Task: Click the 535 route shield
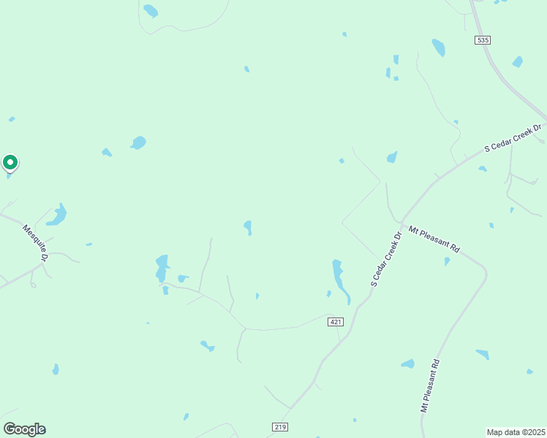482,39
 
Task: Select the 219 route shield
281,427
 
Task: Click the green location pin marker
10,162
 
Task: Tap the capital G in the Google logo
11,429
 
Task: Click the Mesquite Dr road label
35,242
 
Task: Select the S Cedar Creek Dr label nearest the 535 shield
513,138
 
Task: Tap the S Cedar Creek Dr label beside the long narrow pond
387,259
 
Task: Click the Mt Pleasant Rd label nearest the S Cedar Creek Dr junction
434,239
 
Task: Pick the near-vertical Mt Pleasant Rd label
429,385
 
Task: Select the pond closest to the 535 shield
439,47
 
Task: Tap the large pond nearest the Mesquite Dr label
57,215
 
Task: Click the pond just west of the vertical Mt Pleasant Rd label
408,364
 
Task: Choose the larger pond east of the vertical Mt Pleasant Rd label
483,354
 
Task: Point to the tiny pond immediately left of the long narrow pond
328,293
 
